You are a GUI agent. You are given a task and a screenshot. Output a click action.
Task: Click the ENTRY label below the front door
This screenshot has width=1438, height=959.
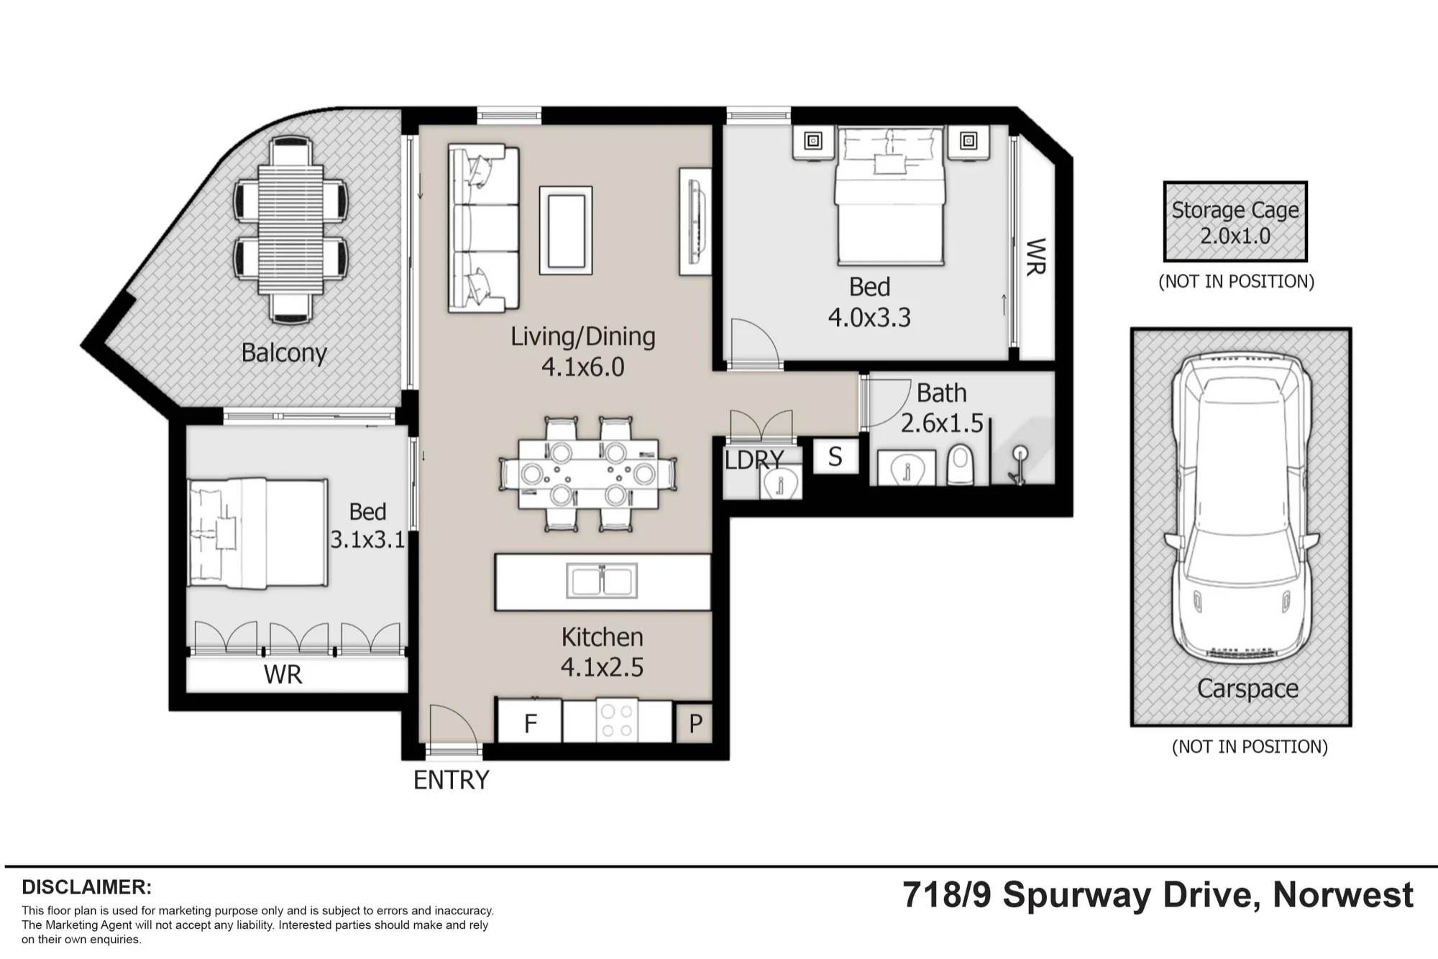point(452,780)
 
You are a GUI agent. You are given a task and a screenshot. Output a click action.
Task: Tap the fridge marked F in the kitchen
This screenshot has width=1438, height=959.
point(530,722)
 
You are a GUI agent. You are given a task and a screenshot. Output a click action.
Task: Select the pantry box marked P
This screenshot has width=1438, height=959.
point(695,723)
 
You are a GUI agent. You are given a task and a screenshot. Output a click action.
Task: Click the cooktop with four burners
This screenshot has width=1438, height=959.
point(617,720)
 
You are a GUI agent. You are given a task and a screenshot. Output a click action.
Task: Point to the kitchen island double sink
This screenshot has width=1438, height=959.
point(602,581)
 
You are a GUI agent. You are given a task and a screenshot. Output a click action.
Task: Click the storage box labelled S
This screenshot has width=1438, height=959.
point(835,456)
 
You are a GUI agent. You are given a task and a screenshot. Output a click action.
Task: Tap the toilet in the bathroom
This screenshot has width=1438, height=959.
point(960,464)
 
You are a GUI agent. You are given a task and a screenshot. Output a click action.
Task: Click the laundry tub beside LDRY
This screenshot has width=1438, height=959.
point(780,482)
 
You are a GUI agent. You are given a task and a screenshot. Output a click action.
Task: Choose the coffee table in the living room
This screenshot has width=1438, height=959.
point(566,230)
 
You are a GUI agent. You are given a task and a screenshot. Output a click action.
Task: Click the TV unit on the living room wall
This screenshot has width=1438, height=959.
point(695,221)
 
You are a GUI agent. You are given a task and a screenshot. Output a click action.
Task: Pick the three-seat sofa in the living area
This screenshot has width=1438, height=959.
point(483,229)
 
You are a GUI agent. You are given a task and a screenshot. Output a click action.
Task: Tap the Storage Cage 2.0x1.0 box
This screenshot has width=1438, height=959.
point(1235,221)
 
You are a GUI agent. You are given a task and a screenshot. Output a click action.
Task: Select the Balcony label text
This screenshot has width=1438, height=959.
point(284,353)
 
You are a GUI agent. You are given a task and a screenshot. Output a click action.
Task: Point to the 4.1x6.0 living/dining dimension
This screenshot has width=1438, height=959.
point(582,367)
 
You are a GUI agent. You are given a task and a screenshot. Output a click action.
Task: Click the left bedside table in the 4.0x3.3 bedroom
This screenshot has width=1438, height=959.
point(813,142)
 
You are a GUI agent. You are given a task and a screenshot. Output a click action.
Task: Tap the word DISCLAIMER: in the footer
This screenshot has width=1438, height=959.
point(87,887)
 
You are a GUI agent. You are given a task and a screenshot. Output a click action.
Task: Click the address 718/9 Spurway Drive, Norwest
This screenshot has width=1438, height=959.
point(1158,896)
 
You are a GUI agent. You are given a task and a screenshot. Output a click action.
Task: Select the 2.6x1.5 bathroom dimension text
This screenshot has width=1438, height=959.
point(942,423)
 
